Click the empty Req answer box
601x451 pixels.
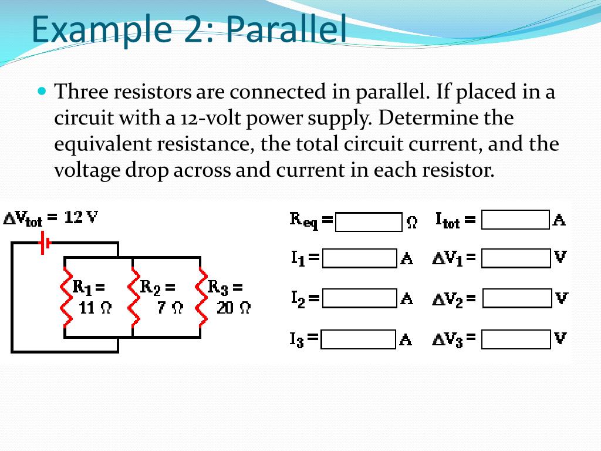pos(369,222)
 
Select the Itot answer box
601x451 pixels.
pos(515,220)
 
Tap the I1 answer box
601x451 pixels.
pos(359,258)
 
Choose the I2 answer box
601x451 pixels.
pos(359,298)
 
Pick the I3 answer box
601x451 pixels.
pos(359,339)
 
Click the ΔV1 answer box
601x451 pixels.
pos(516,258)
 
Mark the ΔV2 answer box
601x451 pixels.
pos(517,298)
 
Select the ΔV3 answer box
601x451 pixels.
pos(516,339)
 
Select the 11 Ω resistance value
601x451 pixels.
pos(94,308)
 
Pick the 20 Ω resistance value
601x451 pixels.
pos(233,308)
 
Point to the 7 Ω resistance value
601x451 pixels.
pos(170,308)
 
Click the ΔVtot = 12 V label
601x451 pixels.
pos(51,218)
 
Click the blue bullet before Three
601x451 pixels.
pos(41,91)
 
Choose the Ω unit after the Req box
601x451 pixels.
pos(412,223)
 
